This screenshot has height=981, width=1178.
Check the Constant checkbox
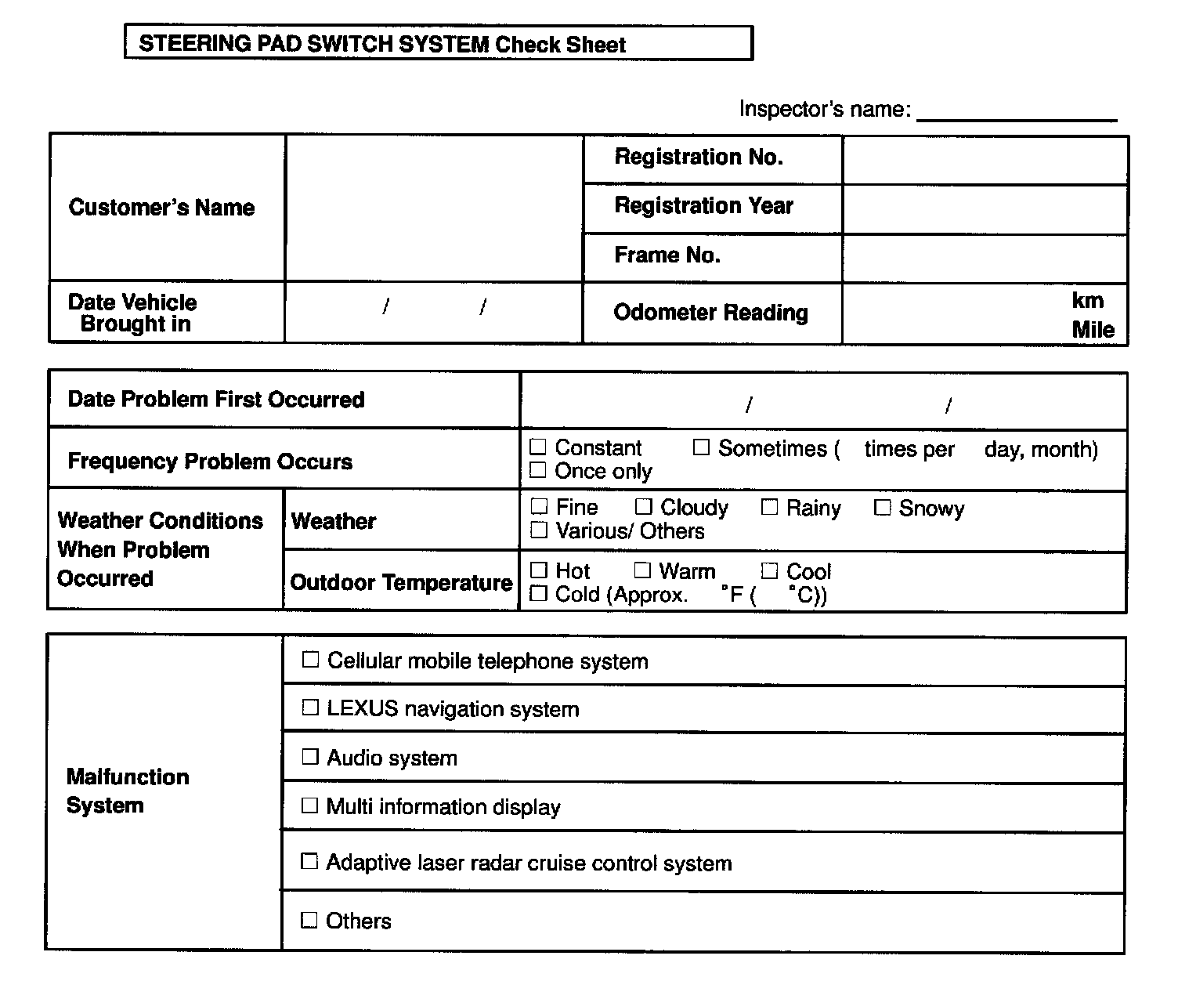pyautogui.click(x=538, y=447)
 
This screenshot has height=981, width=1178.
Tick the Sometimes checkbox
pyautogui.click(x=701, y=447)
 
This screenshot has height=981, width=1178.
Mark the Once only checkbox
pyautogui.click(x=538, y=470)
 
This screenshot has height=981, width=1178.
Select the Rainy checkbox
pyautogui.click(x=770, y=508)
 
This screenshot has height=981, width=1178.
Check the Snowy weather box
pyautogui.click(x=882, y=508)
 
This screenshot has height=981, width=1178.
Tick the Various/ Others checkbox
pyautogui.click(x=538, y=530)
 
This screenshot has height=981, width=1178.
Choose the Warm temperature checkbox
pyautogui.click(x=642, y=570)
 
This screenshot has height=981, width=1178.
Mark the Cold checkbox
pyautogui.click(x=538, y=594)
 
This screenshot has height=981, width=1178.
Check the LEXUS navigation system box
pyautogui.click(x=310, y=708)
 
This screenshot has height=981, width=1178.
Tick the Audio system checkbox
pyautogui.click(x=310, y=757)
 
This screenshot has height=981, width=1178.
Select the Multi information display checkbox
pyautogui.click(x=310, y=805)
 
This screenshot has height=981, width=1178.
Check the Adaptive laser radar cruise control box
pyautogui.click(x=310, y=862)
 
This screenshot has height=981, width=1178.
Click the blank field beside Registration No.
pyautogui.click(x=985, y=160)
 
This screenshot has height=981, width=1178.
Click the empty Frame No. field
pyautogui.click(x=985, y=258)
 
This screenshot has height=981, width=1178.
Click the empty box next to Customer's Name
pyautogui.click(x=434, y=208)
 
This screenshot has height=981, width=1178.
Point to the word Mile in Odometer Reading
pyautogui.click(x=1093, y=330)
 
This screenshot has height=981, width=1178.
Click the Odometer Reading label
pyautogui.click(x=710, y=313)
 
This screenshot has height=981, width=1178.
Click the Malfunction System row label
pyautogui.click(x=128, y=791)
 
